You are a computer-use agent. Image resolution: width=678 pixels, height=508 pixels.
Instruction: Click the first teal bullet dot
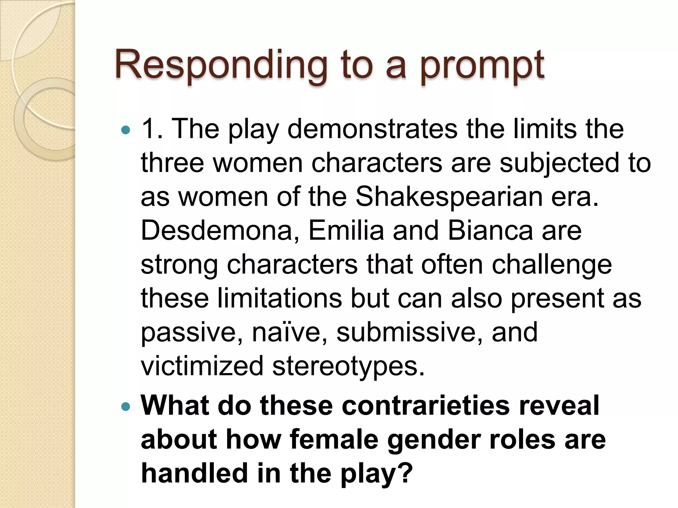[126, 130]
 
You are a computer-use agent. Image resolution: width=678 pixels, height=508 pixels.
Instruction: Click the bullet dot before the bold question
[126, 406]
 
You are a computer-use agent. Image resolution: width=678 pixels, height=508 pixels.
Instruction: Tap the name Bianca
[490, 231]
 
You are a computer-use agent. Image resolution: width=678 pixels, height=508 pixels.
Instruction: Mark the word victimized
[202, 366]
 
